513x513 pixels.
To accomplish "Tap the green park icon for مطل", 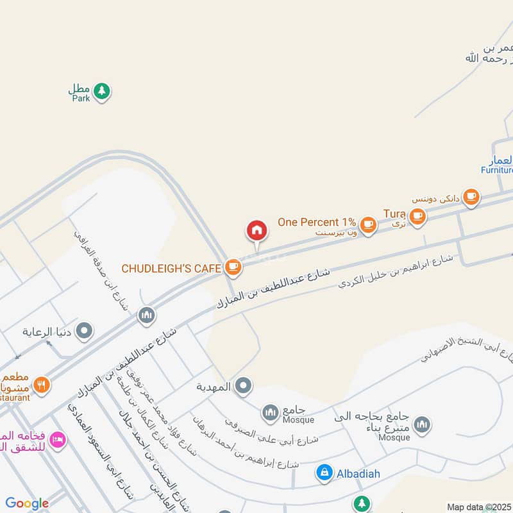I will [101, 91].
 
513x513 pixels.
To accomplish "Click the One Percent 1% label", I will [317, 222].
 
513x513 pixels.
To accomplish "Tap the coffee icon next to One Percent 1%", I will [367, 224].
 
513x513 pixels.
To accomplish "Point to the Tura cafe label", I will [394, 213].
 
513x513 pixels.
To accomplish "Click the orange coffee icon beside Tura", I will [417, 217].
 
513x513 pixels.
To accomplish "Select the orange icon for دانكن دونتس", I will [471, 196].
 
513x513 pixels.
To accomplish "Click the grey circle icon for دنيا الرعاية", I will [84, 332].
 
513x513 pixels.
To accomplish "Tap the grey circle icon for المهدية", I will [242, 386].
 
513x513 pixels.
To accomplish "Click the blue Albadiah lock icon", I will [324, 473].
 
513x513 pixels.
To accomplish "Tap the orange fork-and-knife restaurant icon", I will [42, 385].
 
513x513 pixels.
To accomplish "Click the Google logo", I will [27, 503].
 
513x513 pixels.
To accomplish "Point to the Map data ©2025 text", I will [479, 507].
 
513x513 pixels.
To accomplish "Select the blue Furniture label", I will [498, 170].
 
